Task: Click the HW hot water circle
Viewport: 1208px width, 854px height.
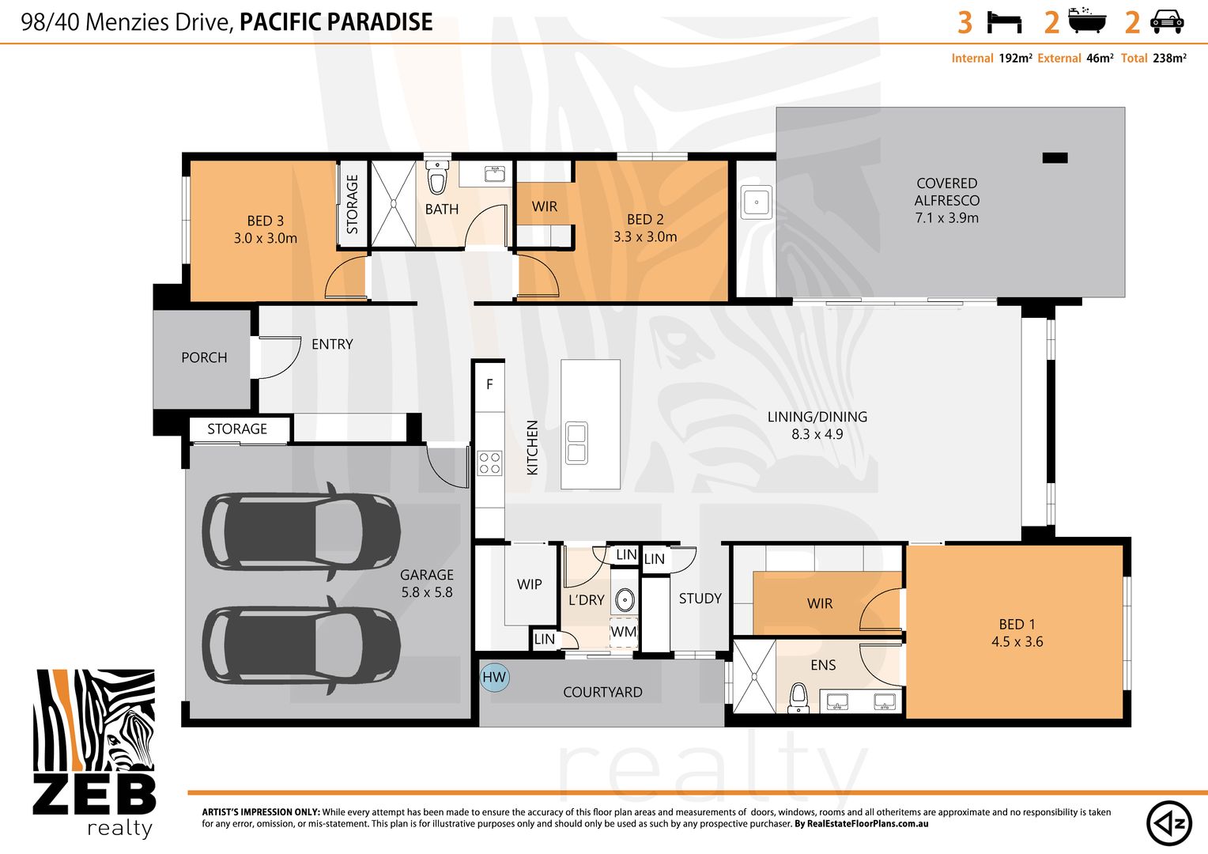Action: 495,677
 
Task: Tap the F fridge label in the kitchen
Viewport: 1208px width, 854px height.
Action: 489,384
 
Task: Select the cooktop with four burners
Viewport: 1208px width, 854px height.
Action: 489,463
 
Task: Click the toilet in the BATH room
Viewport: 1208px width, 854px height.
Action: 437,177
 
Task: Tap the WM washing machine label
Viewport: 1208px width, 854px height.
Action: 624,631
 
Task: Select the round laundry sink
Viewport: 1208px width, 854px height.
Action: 625,599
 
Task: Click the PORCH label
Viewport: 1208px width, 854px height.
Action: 204,357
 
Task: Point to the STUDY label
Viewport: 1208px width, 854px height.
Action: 700,599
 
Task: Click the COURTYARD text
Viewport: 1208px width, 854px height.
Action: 602,692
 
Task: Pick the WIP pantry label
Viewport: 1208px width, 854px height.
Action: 529,584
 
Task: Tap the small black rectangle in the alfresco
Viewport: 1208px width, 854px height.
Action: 1055,157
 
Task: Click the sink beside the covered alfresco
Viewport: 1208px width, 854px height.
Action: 756,202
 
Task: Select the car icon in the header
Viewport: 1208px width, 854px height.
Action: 1166,22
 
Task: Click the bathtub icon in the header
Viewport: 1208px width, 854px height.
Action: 1087,21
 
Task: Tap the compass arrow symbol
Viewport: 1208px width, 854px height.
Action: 1168,823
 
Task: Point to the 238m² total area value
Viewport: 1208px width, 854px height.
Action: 1169,59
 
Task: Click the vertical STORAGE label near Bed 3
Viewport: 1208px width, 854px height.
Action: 352,204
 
